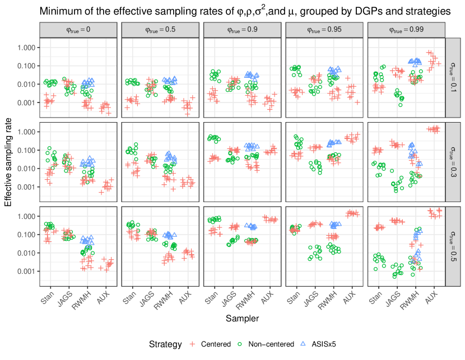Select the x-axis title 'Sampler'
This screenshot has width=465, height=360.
coord(242,318)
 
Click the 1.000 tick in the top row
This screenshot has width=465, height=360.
coord(26,48)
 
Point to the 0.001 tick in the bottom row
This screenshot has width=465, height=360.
coord(26,271)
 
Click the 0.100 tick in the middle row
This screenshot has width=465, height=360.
coord(26,150)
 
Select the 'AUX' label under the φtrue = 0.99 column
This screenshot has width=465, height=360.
coord(431,298)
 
